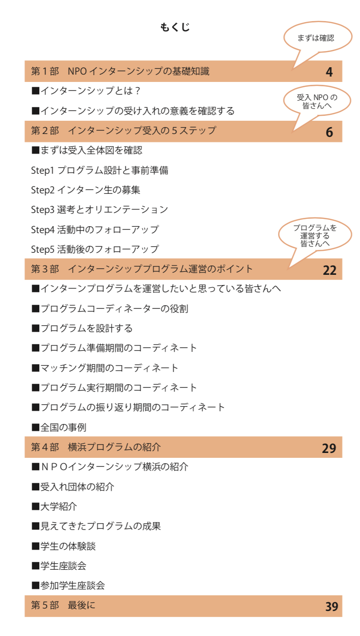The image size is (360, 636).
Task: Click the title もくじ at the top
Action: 175,27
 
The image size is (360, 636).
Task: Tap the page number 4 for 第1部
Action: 329,72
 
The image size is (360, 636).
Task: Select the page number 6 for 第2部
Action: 329,132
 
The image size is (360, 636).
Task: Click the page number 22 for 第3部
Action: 330,270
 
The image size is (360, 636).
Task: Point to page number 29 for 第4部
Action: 329,449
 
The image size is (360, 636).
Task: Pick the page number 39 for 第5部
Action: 332,607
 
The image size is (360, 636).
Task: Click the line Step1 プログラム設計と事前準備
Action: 100,170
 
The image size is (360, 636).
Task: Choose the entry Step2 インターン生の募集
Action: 85,190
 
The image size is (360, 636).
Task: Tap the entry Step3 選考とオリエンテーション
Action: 100,210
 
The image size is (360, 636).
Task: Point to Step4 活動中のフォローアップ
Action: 95,229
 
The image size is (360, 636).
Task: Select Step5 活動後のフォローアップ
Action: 95,249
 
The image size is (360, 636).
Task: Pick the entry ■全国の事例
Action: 59,427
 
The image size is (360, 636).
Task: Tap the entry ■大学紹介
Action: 54,506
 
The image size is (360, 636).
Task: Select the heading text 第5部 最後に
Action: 63,606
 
